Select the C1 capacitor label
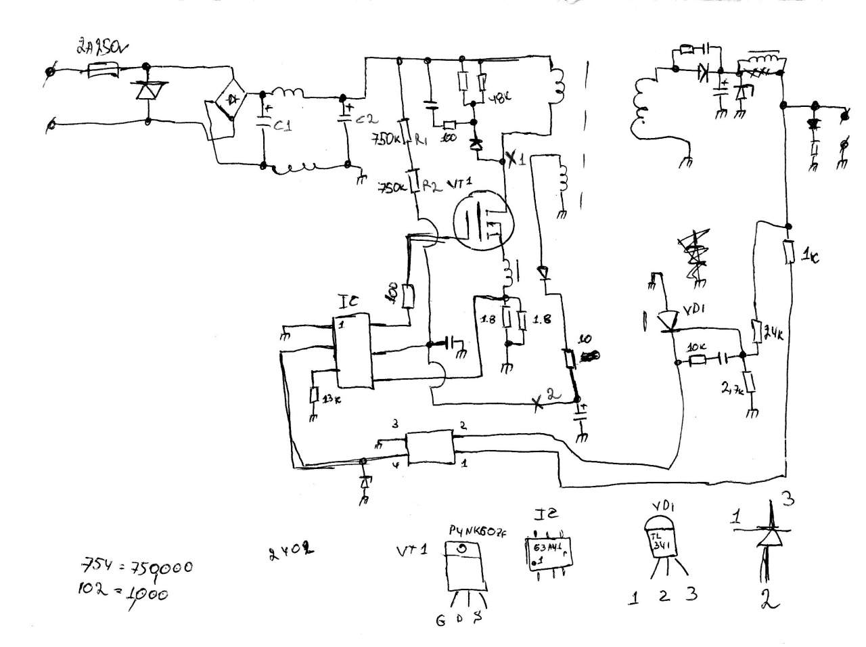tap(281, 126)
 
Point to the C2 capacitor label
tap(366, 120)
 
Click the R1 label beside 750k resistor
tap(421, 141)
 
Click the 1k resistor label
tap(810, 257)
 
